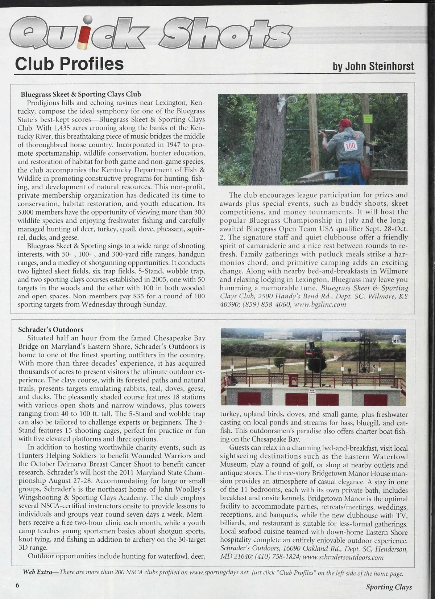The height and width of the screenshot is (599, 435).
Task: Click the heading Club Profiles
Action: pos(69,64)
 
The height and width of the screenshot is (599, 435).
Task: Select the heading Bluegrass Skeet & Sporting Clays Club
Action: pos(81,94)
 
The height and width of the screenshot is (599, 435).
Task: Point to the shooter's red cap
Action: pos(345,122)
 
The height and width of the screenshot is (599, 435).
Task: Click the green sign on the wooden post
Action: pos(368,119)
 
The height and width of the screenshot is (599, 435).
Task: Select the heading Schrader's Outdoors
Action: pos(51,329)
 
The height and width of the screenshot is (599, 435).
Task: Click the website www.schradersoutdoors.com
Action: pos(343,557)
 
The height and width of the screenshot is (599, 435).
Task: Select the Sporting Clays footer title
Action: pos(389,587)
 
